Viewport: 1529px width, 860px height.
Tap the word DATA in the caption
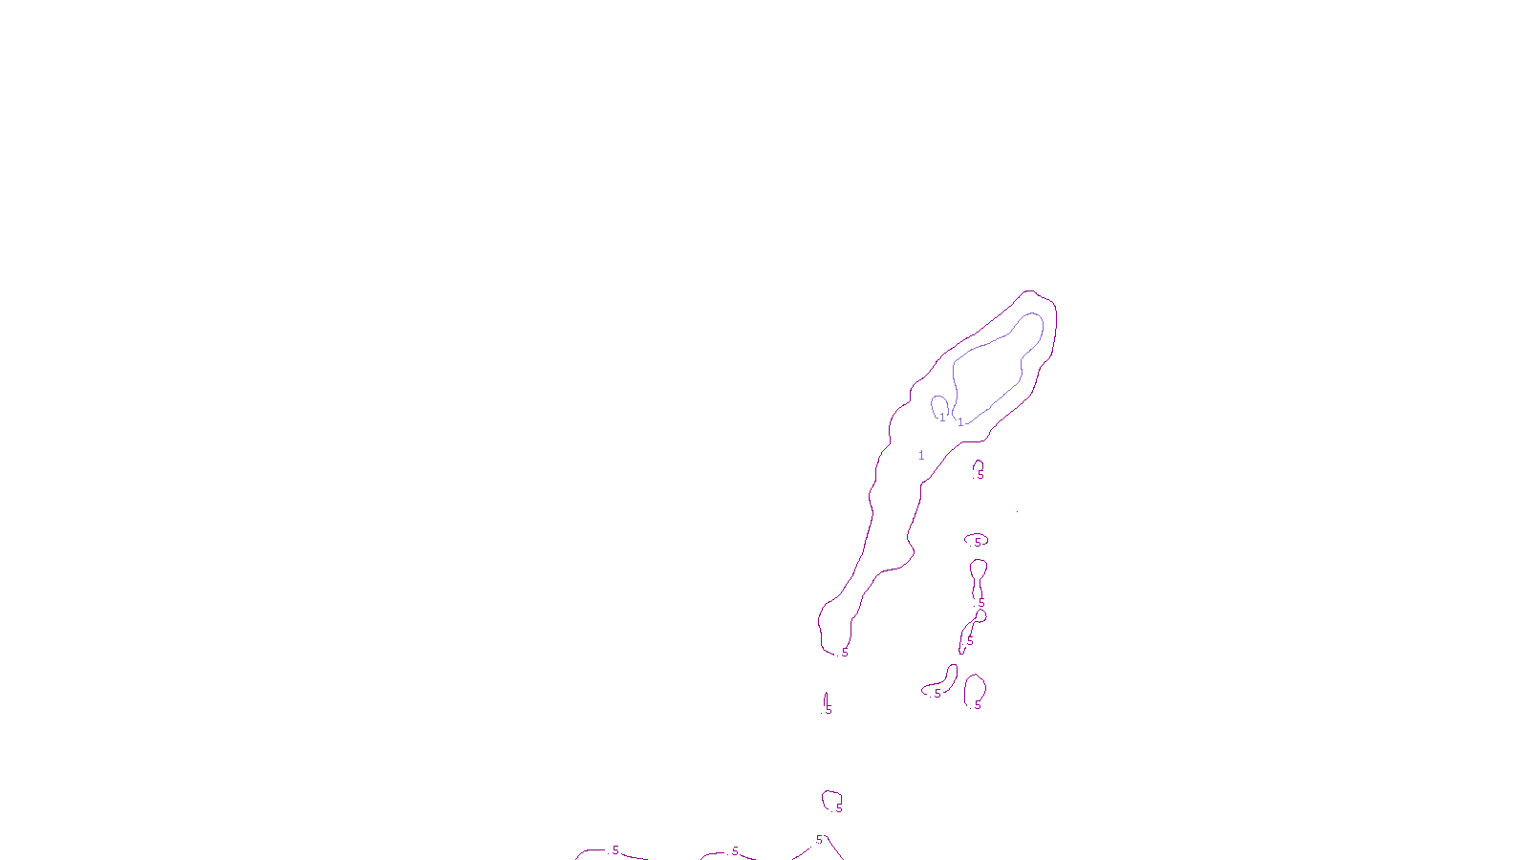coord(808,845)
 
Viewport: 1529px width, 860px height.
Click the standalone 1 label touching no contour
coord(921,456)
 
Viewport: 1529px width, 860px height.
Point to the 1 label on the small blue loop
coord(941,418)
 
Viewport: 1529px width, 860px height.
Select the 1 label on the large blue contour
coord(960,422)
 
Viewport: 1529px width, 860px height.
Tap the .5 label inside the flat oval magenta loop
coord(977,542)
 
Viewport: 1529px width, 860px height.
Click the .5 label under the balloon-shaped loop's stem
coord(980,602)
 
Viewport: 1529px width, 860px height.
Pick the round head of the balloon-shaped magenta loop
coord(978,570)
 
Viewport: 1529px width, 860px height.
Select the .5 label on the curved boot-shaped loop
coord(937,694)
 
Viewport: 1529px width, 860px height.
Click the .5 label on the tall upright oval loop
coord(976,705)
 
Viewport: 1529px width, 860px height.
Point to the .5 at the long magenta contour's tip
coord(843,654)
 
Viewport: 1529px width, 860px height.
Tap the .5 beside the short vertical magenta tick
coord(828,710)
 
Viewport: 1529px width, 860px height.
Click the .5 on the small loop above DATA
coord(838,807)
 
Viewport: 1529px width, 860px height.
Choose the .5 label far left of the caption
coord(614,850)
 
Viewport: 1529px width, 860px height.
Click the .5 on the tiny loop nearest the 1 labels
coord(980,474)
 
